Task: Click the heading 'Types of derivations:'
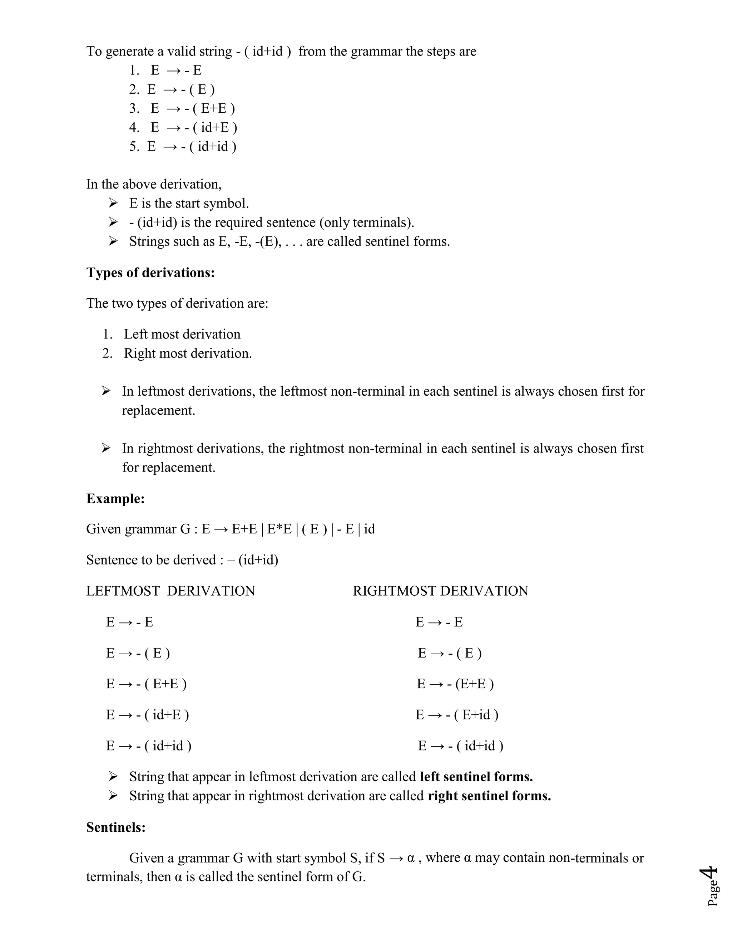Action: [x=150, y=273]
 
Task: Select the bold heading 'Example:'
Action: [x=115, y=498]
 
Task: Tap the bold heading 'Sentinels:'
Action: [x=116, y=827]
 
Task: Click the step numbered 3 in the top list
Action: [x=182, y=108]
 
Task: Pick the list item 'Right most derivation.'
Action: [x=187, y=353]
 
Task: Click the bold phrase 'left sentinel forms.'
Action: [x=476, y=777]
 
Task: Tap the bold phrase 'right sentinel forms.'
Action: [x=489, y=796]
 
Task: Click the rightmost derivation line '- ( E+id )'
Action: [x=457, y=714]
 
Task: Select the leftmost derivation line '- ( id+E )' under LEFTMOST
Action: [x=148, y=714]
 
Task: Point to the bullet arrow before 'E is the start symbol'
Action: [x=113, y=203]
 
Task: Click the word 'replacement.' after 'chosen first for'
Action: [x=158, y=410]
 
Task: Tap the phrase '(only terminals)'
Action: [x=366, y=222]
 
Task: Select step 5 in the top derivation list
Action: [x=182, y=146]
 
